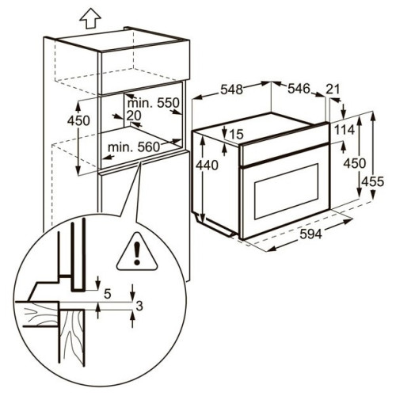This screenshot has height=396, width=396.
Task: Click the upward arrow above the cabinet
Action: [90, 18]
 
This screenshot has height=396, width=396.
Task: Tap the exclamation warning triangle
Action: [137, 252]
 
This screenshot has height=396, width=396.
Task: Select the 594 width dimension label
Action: [311, 234]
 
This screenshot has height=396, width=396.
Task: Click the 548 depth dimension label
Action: [231, 89]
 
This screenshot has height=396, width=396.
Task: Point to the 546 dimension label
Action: [299, 89]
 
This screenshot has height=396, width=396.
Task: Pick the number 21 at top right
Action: [333, 89]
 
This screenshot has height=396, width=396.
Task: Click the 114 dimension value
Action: [345, 130]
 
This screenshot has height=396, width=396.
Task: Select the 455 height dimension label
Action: [372, 181]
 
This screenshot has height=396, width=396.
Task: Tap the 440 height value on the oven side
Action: [207, 166]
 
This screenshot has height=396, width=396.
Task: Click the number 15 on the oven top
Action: [236, 135]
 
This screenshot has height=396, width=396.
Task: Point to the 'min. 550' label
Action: [154, 103]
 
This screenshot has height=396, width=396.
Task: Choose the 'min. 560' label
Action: [134, 147]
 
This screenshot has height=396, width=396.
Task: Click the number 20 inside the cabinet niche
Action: [134, 116]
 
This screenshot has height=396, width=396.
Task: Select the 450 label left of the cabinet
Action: [78, 121]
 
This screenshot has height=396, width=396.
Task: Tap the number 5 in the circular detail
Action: [107, 294]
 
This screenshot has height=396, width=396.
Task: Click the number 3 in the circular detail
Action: [139, 306]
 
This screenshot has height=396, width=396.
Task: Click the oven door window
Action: [286, 191]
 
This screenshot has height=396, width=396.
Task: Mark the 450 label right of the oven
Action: [355, 163]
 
